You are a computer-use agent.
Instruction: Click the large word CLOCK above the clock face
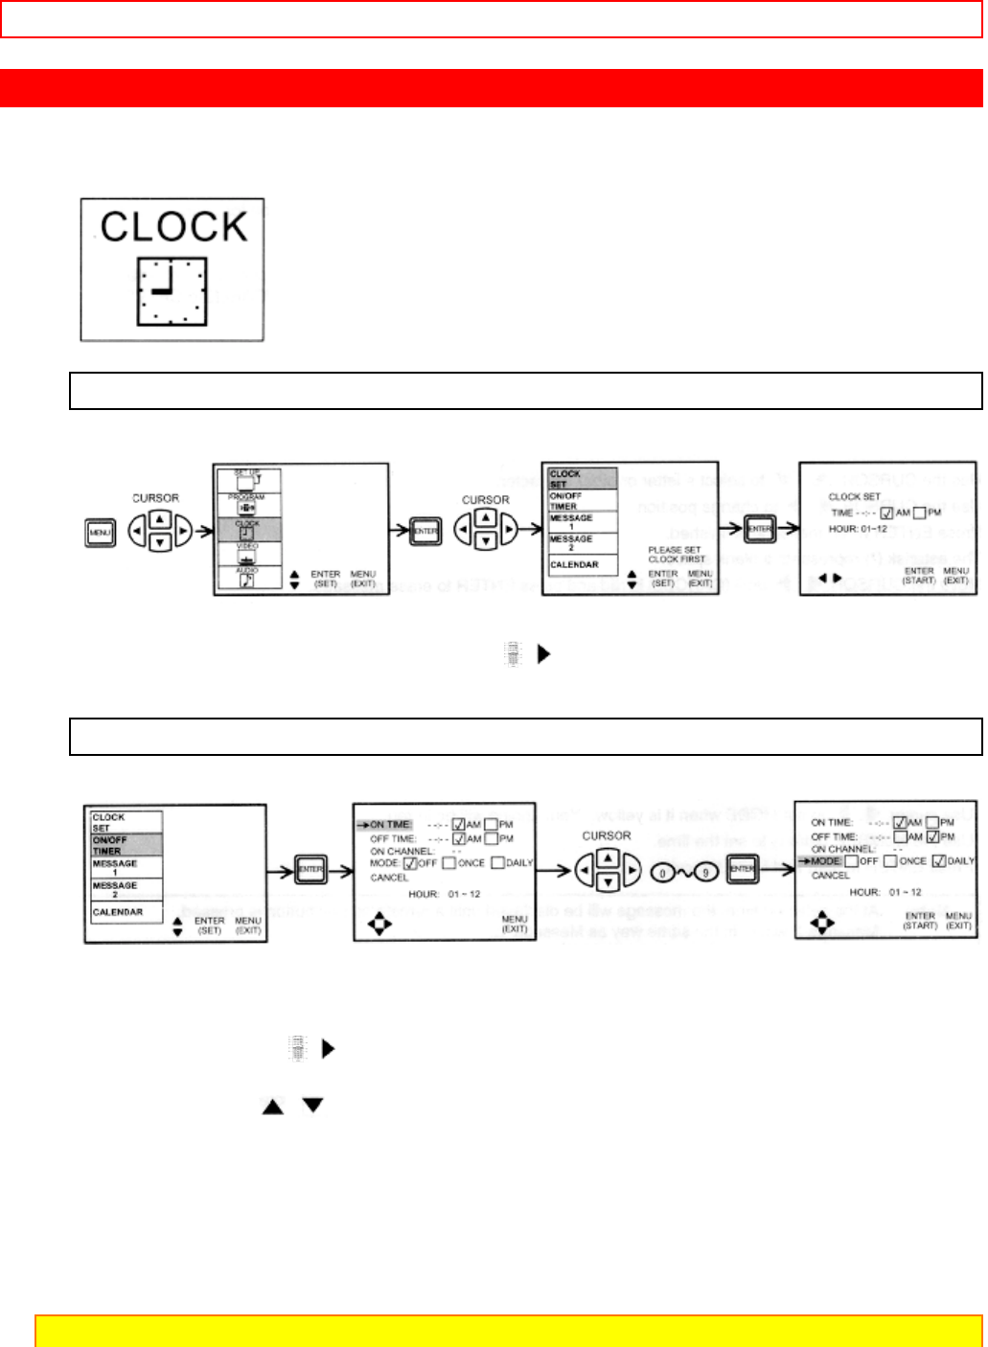[173, 226]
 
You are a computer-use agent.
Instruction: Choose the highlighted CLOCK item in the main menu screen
[247, 529]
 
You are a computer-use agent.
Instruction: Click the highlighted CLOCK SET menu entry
[579, 479]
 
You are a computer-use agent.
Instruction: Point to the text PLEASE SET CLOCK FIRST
[675, 554]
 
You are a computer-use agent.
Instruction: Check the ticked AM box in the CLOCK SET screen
[886, 513]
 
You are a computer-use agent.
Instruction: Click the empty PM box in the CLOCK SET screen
[920, 513]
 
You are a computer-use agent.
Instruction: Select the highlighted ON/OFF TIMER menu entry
[125, 845]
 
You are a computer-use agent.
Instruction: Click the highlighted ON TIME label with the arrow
[389, 824]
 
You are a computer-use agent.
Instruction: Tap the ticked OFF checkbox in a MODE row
[410, 863]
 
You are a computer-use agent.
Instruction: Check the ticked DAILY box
[939, 861]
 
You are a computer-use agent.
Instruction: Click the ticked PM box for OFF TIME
[932, 836]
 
